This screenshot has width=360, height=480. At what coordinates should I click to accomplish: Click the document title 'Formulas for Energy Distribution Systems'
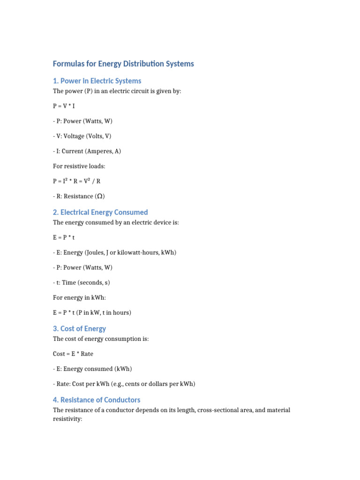pyautogui.click(x=123, y=64)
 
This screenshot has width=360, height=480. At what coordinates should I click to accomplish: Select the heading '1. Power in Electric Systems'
pyautogui.click(x=97, y=81)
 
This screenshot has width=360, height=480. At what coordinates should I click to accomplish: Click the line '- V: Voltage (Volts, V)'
pyautogui.click(x=82, y=136)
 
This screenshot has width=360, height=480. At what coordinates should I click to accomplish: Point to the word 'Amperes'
pyautogui.click(x=96, y=151)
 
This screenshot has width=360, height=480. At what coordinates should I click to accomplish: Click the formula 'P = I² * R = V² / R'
pyautogui.click(x=76, y=181)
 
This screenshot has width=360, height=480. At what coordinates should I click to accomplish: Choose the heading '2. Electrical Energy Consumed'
pyautogui.click(x=100, y=212)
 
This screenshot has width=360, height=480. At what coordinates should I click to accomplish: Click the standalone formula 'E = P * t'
pyautogui.click(x=64, y=238)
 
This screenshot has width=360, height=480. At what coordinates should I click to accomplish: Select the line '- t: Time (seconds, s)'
pyautogui.click(x=81, y=283)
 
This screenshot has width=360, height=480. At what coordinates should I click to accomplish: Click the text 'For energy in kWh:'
pyautogui.click(x=76, y=298)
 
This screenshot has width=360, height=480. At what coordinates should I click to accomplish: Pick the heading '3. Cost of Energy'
pyautogui.click(x=80, y=329)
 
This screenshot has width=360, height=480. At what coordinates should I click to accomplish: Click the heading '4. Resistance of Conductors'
pyautogui.click(x=97, y=400)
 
